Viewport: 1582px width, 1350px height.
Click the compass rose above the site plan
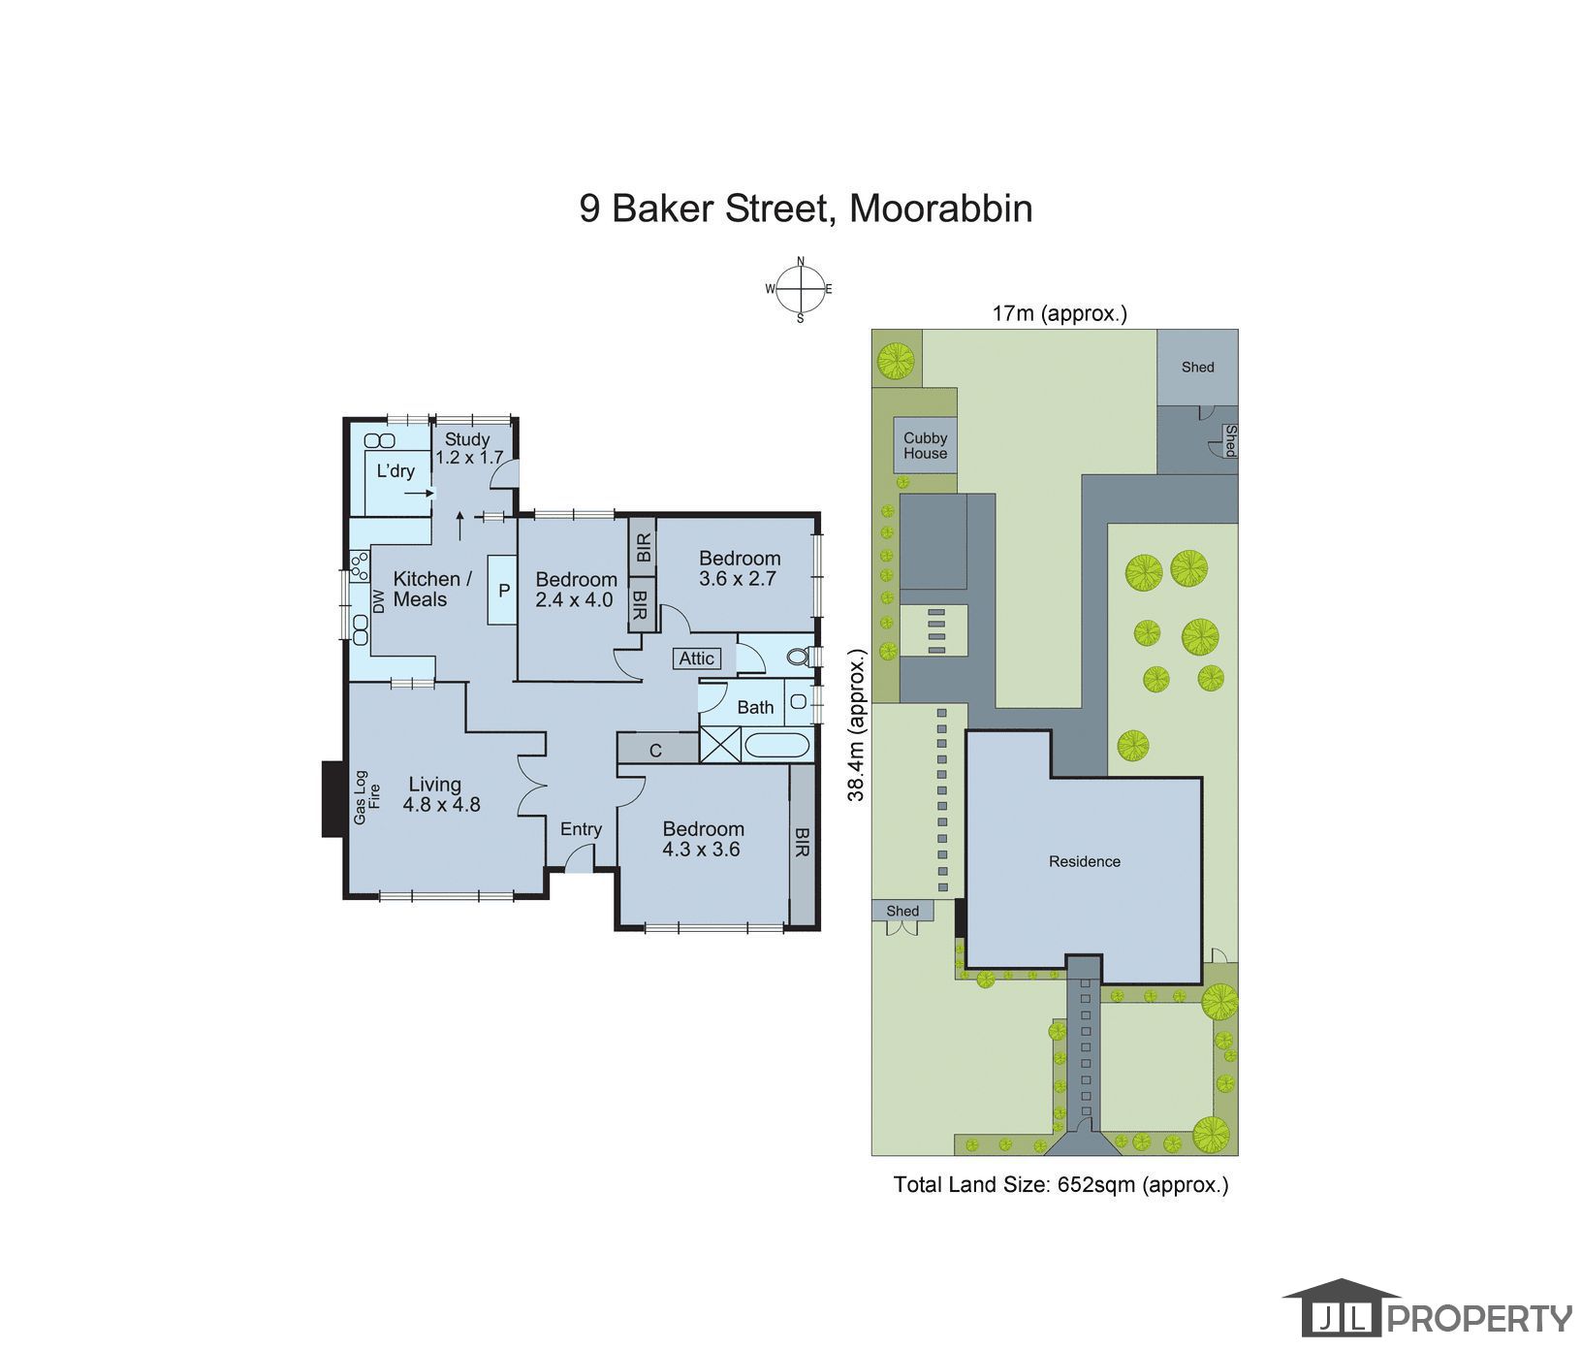coord(800,289)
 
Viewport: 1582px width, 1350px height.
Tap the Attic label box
coord(697,659)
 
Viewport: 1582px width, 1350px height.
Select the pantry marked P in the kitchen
coord(503,590)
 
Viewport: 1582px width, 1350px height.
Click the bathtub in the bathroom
coord(775,746)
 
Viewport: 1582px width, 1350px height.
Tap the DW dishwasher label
coord(379,601)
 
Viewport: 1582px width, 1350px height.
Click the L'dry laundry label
coord(395,471)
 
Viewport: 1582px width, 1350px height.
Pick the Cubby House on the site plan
coord(926,446)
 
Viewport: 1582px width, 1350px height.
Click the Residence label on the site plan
coord(1085,861)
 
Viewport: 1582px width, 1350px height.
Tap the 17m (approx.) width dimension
coord(1060,313)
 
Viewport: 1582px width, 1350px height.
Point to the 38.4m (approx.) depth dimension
coord(856,724)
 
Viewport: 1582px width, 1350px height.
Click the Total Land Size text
coord(1061,1184)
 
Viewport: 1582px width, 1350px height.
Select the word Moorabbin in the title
coord(941,209)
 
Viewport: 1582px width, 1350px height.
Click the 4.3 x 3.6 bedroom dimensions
coord(701,850)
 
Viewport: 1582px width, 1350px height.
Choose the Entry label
coord(581,829)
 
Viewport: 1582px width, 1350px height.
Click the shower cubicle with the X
coord(719,746)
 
